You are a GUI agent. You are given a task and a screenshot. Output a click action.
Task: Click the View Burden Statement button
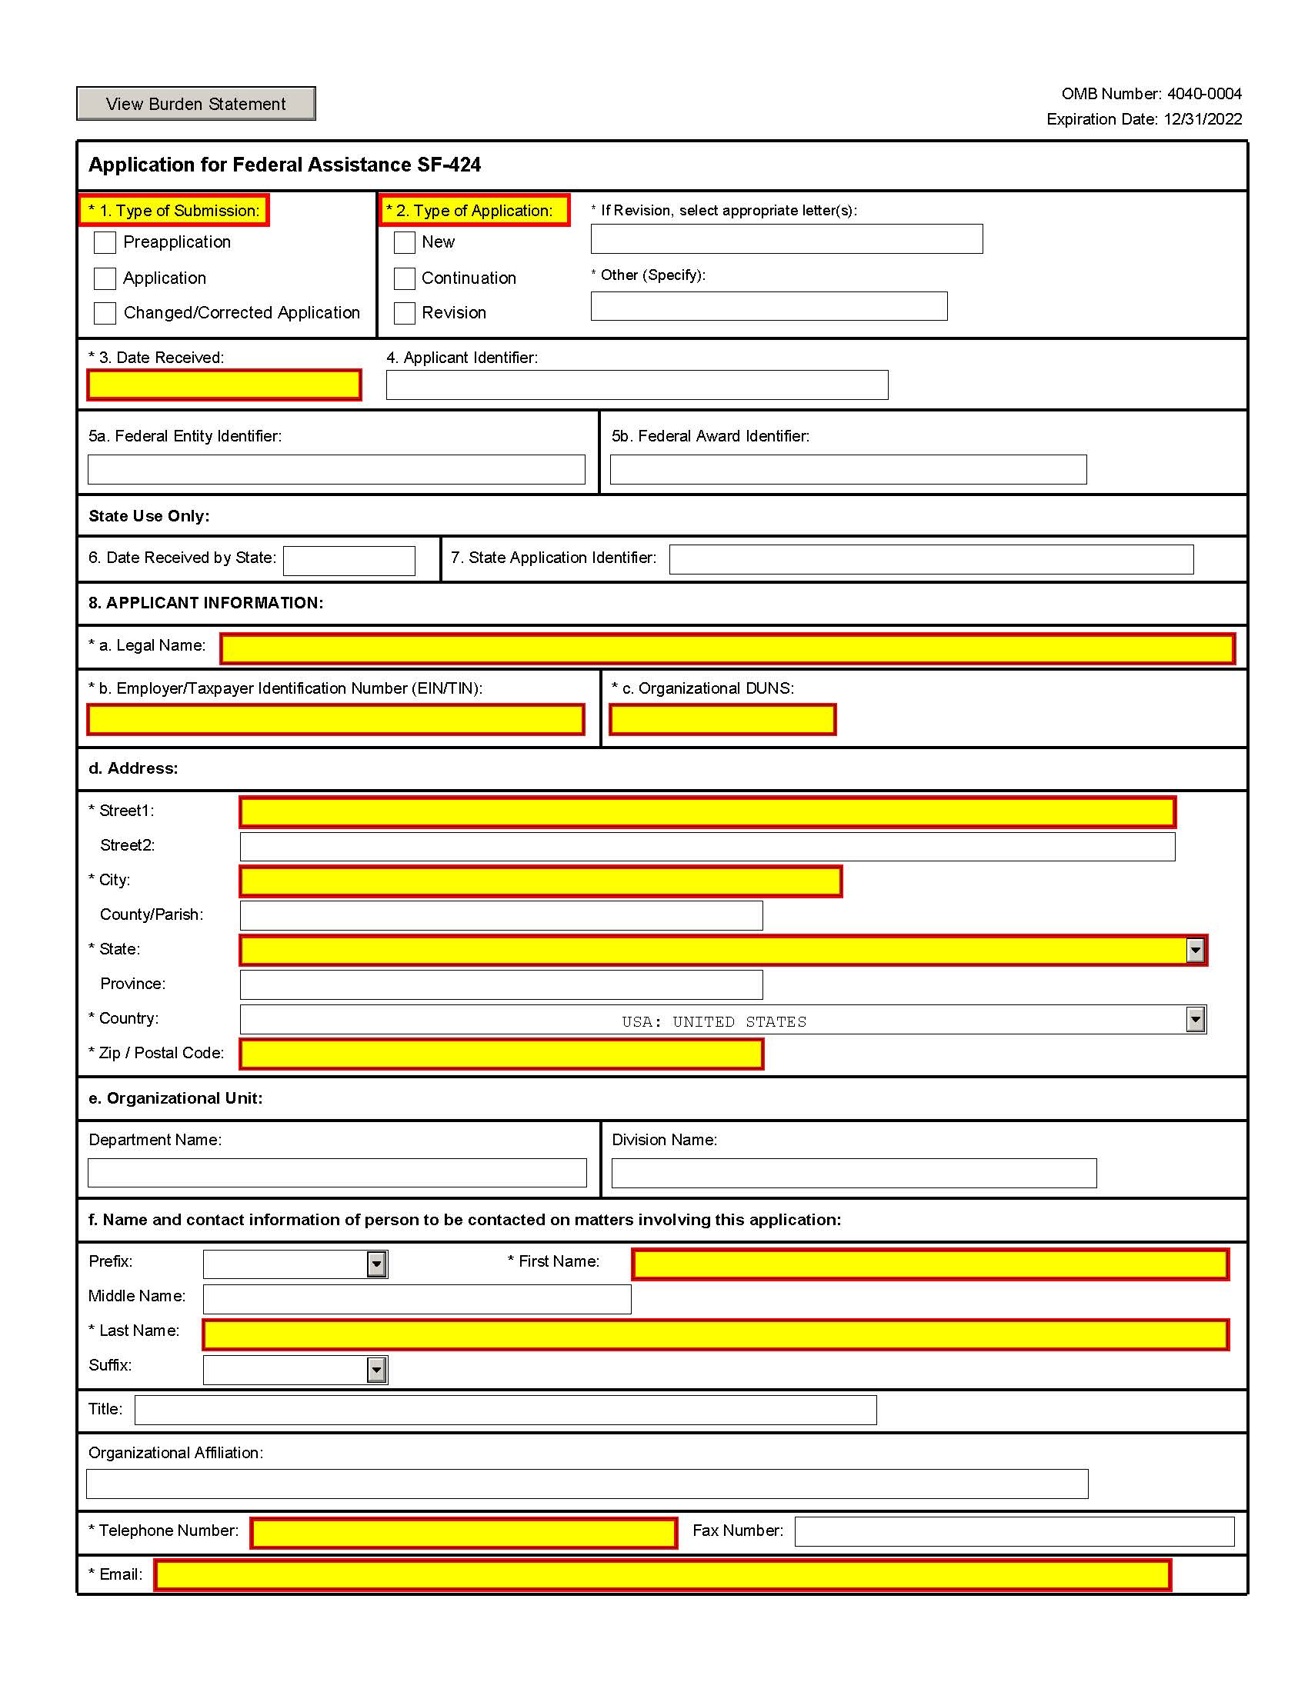(195, 104)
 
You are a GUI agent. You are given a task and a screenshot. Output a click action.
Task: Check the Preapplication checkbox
(105, 242)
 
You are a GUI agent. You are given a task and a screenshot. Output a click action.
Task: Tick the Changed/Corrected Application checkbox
(105, 313)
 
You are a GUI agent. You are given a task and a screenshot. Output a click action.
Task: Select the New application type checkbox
(405, 242)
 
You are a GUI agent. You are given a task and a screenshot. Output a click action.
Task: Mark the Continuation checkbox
(405, 278)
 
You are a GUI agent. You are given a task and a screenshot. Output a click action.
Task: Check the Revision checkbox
(405, 313)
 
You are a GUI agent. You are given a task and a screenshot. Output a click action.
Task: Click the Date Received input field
(224, 385)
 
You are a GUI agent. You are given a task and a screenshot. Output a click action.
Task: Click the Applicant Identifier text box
(637, 385)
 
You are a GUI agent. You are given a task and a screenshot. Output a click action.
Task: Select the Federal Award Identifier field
(848, 469)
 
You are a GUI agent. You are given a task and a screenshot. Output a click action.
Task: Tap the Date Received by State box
(349, 561)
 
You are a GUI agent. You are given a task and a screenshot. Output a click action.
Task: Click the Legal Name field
(727, 648)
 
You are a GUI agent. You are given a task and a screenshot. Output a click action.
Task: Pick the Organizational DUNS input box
(722, 719)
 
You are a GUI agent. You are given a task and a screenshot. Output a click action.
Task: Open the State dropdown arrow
(1195, 950)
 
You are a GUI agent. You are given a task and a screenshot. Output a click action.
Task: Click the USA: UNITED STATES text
(714, 1021)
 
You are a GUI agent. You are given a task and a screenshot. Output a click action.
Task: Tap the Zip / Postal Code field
(502, 1054)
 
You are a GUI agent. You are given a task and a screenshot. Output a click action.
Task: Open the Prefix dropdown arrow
(376, 1264)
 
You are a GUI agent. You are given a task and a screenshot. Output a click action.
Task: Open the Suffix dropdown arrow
(376, 1370)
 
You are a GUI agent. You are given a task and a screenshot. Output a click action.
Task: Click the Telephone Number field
(463, 1532)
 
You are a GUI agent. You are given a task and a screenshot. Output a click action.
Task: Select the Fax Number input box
(1014, 1531)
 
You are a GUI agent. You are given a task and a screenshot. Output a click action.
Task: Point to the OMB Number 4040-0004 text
(1151, 94)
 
